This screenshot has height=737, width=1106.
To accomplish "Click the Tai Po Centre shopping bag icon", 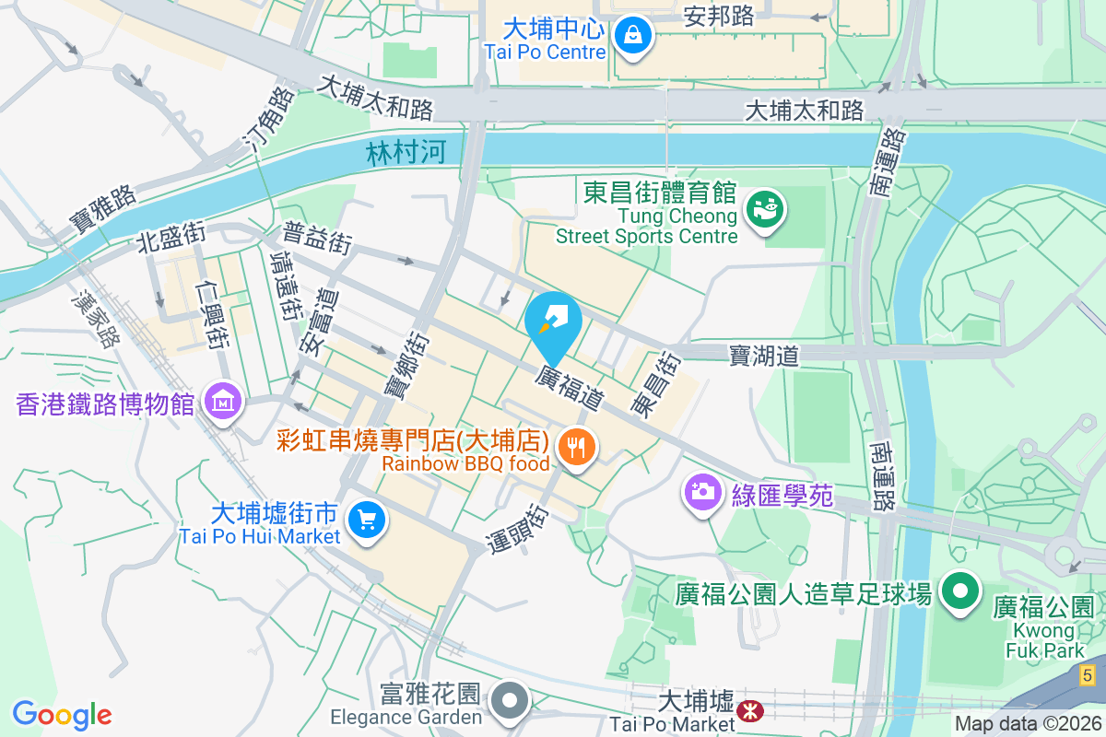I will (x=633, y=36).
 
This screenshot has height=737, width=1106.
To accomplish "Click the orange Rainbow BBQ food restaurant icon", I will (x=578, y=448).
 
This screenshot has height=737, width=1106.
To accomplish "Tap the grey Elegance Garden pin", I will (x=509, y=701).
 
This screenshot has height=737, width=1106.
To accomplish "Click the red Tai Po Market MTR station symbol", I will (x=750, y=710).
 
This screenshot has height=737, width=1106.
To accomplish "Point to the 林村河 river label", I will (x=406, y=153).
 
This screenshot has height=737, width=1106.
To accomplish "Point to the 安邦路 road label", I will (x=719, y=16).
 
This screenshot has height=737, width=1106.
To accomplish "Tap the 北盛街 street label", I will (x=171, y=238).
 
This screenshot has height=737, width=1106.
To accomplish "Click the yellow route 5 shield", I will (x=1088, y=675).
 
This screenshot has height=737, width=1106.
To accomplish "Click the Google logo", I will (x=62, y=714).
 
